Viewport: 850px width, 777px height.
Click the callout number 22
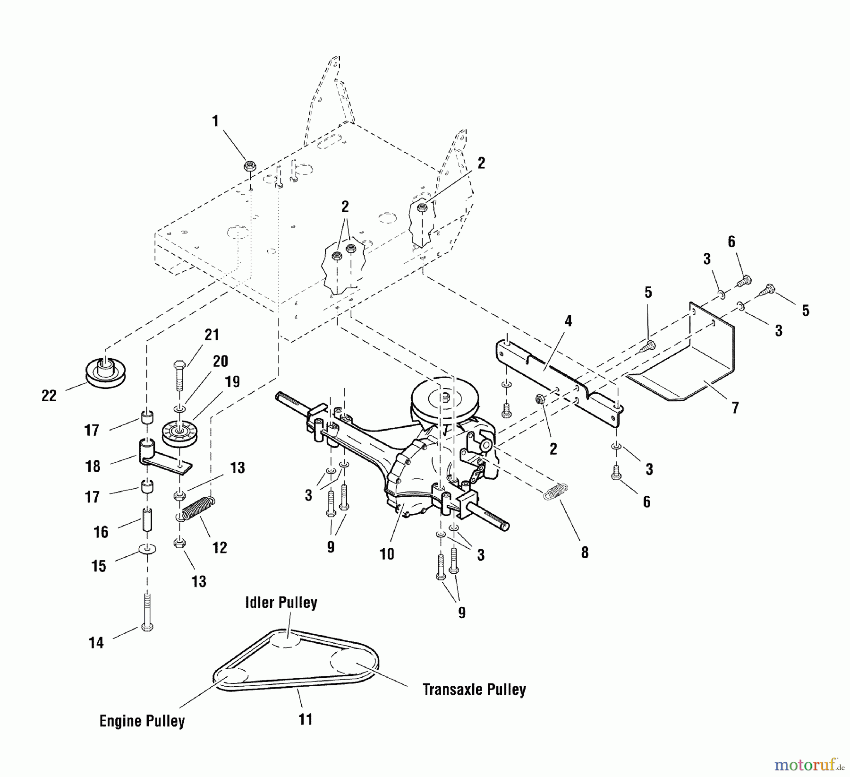point(49,395)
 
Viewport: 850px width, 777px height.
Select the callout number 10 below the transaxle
point(387,553)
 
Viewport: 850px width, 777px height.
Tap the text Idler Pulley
point(281,603)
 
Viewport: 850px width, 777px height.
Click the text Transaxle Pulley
point(474,690)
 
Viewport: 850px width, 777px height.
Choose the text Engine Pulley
point(142,721)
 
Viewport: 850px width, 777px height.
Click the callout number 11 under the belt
point(306,719)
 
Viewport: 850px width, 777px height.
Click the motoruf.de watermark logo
point(810,764)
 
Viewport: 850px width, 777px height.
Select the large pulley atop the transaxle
point(444,397)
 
